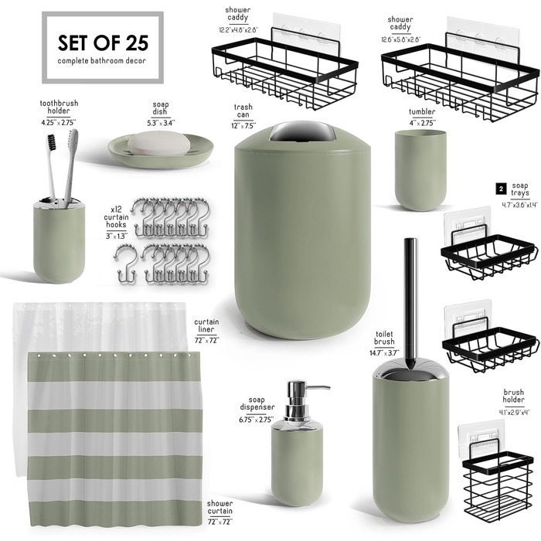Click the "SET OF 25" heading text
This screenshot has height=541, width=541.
[x=103, y=43]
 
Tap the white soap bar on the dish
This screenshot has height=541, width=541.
[x=159, y=143]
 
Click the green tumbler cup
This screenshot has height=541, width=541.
[x=420, y=170]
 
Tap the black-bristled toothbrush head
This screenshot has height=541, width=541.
[x=51, y=142]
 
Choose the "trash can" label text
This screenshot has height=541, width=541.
[x=243, y=111]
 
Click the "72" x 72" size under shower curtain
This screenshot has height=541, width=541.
[x=219, y=522]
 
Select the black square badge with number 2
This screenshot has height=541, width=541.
[x=501, y=189]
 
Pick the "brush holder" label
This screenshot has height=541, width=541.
[x=513, y=396]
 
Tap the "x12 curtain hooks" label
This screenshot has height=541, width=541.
[x=116, y=217]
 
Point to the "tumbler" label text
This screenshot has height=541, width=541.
[x=422, y=112]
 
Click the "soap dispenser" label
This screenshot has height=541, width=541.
[x=257, y=403]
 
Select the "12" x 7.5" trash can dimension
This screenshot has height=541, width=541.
[x=243, y=125]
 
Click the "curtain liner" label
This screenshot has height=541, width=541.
[x=206, y=325]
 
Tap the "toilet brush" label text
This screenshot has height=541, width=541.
[x=384, y=338]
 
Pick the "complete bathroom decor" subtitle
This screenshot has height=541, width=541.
[x=102, y=61]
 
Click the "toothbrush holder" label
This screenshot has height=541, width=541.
[x=59, y=107]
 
